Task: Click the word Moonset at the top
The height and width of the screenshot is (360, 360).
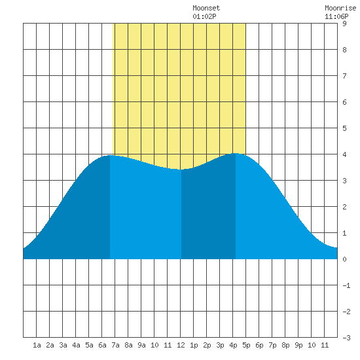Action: click(x=206, y=8)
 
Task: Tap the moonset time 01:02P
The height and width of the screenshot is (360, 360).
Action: click(x=204, y=16)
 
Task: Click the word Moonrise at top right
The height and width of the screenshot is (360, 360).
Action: click(x=340, y=8)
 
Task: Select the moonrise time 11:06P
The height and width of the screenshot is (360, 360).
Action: click(x=336, y=16)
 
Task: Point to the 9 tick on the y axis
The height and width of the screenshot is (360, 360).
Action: click(x=344, y=24)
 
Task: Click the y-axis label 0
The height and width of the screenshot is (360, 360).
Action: click(x=344, y=259)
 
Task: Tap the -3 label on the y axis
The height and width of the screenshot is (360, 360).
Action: click(x=346, y=338)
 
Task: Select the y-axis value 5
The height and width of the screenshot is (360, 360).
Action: click(x=344, y=128)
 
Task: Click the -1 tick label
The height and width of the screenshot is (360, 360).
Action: click(x=346, y=285)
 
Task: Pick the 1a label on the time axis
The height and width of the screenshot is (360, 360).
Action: click(x=37, y=345)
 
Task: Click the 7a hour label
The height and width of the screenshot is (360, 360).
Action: click(x=115, y=345)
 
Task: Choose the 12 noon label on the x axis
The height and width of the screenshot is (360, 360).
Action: click(x=181, y=345)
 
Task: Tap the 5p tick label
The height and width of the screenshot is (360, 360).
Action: click(x=246, y=345)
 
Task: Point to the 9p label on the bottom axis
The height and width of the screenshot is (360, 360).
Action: click(x=298, y=345)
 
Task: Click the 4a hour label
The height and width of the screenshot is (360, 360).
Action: click(x=76, y=345)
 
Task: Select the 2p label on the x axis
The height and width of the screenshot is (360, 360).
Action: click(x=207, y=345)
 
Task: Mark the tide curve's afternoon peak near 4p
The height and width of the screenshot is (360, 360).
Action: click(x=236, y=153)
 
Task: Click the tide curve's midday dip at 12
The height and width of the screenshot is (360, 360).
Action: click(x=181, y=170)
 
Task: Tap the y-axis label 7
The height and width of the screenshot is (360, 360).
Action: click(x=344, y=76)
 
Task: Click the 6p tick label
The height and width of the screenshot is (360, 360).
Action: click(x=259, y=345)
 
